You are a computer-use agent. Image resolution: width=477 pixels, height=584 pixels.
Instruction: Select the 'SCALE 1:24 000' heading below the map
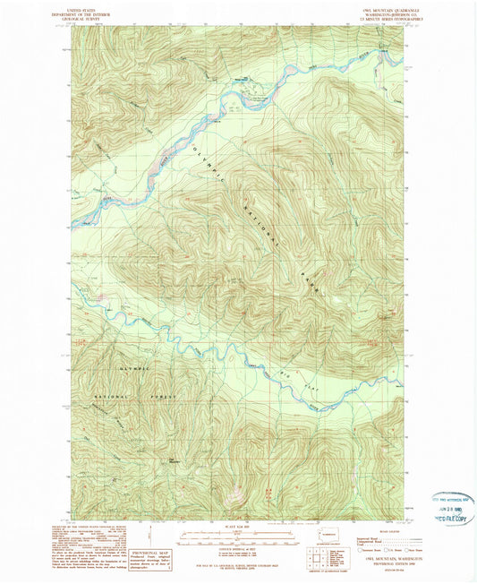237,528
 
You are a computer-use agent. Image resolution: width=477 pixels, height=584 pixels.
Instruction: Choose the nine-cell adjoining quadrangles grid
318,562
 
